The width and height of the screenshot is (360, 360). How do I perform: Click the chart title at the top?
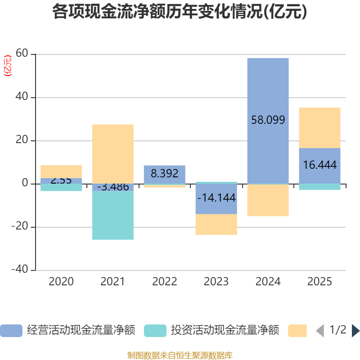[180, 12]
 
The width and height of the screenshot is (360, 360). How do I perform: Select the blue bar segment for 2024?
[268, 90]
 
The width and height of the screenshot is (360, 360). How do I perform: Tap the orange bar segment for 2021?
[112, 153]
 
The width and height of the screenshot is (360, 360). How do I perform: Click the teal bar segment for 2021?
[112, 216]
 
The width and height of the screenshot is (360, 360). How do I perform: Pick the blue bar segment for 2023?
[216, 207]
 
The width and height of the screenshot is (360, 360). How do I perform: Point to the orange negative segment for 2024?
[268, 201]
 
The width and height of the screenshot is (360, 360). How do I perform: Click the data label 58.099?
[268, 120]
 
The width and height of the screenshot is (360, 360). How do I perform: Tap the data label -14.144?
[216, 198]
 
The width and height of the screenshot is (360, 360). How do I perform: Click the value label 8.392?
[164, 174]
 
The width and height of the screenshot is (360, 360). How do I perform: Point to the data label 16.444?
[319, 165]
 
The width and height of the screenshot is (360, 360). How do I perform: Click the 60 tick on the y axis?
[22, 54]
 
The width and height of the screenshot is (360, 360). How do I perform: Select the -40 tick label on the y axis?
[20, 270]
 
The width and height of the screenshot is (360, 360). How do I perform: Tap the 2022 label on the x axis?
[164, 282]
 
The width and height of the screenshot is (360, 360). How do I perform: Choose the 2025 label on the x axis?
[319, 282]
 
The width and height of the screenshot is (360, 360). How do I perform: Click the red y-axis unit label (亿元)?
[7, 66]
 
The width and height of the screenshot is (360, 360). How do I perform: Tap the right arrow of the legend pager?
[355, 331]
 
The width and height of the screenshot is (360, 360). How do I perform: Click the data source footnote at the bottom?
[180, 355]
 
